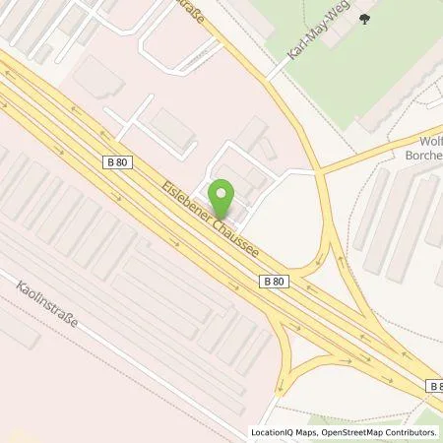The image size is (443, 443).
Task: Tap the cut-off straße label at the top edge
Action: point(197,11)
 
